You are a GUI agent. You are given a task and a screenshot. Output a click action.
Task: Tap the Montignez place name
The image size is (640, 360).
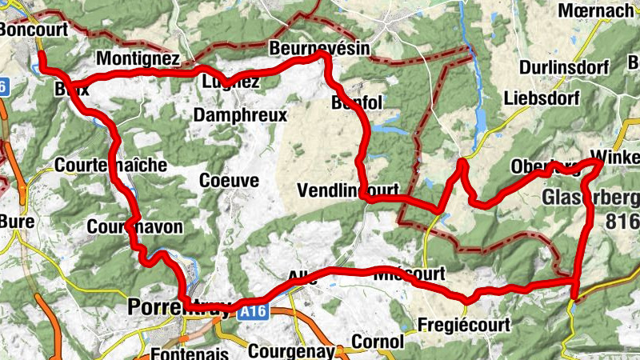click(137, 59)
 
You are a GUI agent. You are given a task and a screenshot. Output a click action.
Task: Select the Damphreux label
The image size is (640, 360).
click(240, 115)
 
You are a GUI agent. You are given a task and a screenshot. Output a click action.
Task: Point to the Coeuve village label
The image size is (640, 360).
click(230, 181)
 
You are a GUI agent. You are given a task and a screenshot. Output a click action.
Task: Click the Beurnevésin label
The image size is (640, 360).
click(320, 48)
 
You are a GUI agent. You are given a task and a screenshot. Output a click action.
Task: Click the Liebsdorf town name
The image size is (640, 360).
click(539, 98)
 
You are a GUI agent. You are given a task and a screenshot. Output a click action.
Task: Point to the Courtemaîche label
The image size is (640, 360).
click(111, 166)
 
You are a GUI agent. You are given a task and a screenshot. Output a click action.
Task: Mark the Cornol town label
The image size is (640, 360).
click(378, 342)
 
